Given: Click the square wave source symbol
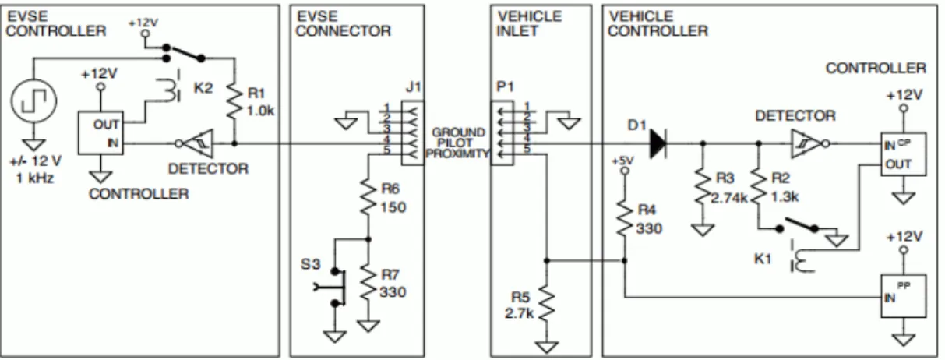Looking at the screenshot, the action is click(33, 101).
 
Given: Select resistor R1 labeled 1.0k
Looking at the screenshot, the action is click(234, 101).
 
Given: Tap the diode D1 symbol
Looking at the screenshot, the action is click(658, 143).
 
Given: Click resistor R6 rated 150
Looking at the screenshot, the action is click(368, 197).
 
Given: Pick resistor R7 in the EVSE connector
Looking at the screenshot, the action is click(368, 283).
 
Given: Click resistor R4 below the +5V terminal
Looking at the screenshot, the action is click(624, 219).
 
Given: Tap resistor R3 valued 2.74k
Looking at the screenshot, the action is click(703, 186).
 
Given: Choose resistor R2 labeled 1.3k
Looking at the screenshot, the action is click(758, 186).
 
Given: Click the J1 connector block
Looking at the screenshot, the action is click(412, 133).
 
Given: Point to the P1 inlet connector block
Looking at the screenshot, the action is click(502, 133).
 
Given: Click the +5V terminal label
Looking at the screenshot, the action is click(622, 161).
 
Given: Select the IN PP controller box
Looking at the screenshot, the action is click(903, 296).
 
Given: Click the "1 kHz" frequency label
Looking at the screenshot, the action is click(35, 178).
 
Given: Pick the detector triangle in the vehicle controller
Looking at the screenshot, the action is click(806, 143).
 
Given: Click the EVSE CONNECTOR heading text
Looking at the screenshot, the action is click(343, 23).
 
